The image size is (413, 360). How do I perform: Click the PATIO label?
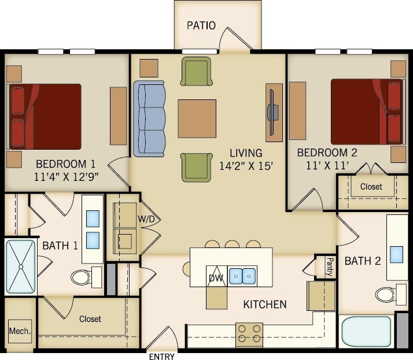[x=201, y=25]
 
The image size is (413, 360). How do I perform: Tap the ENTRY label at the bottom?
[x=162, y=357]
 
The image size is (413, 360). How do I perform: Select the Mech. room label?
[x=19, y=331]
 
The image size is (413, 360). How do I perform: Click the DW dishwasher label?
[x=216, y=278]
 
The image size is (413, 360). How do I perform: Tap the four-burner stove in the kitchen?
[x=249, y=335]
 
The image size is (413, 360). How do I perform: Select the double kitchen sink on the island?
[x=242, y=276]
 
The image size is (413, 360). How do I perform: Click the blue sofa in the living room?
[x=149, y=118]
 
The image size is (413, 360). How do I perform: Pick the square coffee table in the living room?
[x=197, y=118]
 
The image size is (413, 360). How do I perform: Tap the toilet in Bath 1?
[x=84, y=277]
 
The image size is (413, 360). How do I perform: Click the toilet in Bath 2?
[x=386, y=295]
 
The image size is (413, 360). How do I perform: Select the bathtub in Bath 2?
[x=366, y=331]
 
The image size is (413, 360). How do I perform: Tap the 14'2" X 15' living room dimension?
[x=246, y=165]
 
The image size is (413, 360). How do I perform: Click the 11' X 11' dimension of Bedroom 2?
[x=327, y=165]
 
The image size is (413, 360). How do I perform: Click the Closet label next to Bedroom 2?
[x=371, y=187]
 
